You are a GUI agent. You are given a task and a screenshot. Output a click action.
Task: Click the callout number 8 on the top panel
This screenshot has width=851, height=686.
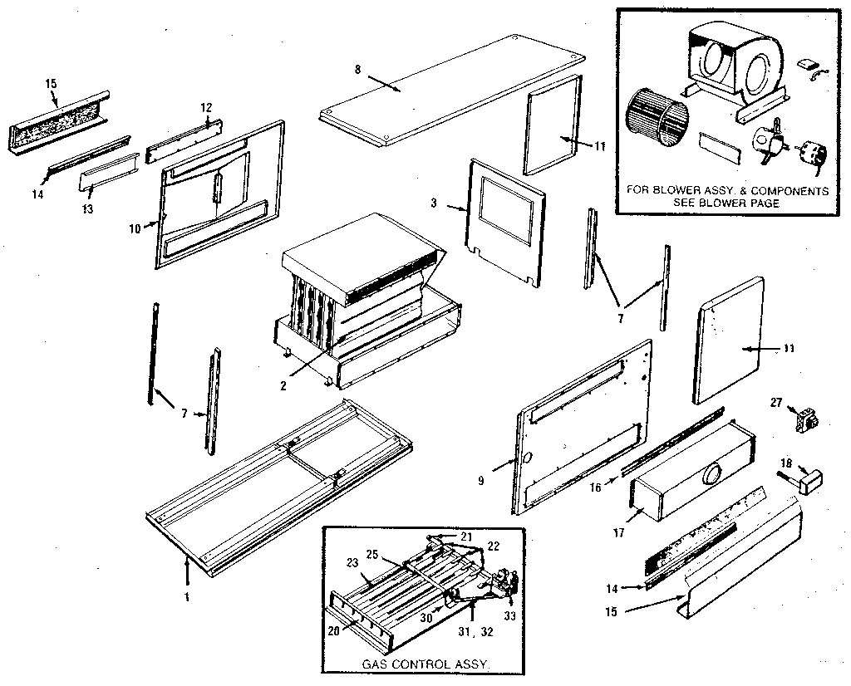coord(357,71)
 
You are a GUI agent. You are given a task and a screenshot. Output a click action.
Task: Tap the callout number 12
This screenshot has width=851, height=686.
coord(207,107)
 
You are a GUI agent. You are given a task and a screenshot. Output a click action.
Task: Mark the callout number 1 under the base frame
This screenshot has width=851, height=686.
coord(187,596)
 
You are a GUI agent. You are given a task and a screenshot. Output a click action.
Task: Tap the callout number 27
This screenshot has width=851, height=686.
coord(776,402)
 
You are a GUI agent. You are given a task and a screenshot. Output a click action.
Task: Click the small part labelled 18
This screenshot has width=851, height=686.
coord(807,479)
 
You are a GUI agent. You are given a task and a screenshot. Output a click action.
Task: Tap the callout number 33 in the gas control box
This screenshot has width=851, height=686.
coord(509,615)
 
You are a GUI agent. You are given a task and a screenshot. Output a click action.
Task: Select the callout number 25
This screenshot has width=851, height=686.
coord(372,554)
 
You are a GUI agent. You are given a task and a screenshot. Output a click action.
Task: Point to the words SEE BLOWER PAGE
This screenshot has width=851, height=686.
coord(727,203)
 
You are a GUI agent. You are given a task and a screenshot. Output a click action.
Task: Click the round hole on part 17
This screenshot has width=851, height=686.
coord(711,475)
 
